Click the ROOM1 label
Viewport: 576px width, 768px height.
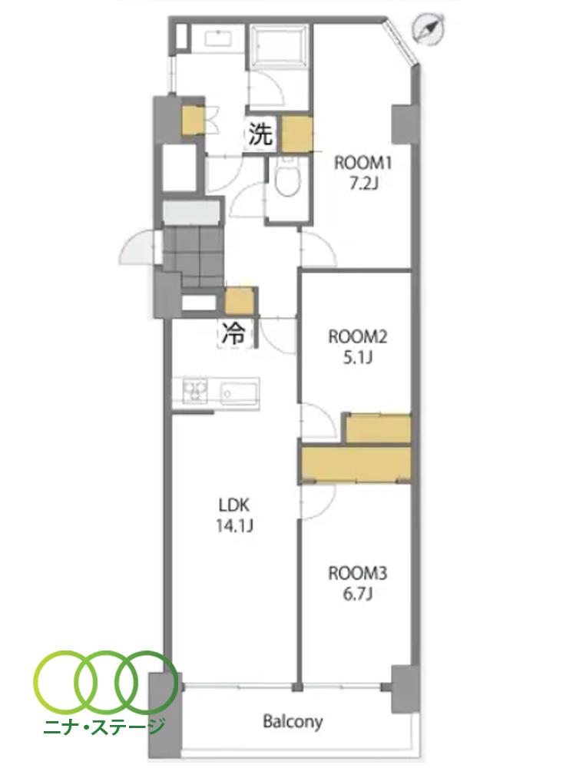356,163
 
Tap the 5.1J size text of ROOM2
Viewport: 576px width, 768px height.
358,358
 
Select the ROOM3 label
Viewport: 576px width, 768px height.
358,573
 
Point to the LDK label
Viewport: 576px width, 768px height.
234,504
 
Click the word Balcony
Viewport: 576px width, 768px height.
293,721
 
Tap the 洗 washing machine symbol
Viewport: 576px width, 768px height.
261,133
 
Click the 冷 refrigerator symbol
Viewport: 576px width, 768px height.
234,334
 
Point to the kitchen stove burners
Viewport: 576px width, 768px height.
195,392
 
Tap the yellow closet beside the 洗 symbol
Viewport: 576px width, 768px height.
297,134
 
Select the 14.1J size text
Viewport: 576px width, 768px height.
234,526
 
